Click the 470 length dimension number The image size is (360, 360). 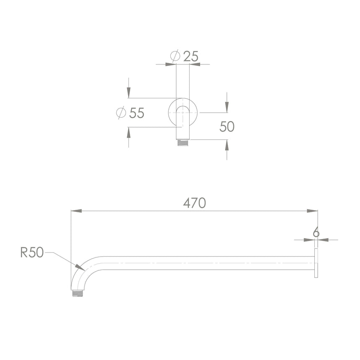pyautogui.click(x=195, y=203)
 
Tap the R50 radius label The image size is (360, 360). pyautogui.click(x=32, y=252)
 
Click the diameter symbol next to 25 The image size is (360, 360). pyautogui.click(x=176, y=56)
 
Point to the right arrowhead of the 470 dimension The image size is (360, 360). pyautogui.click(x=312, y=211)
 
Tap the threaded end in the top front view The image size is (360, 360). pyautogui.click(x=183, y=143)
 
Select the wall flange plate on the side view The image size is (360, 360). pyautogui.click(x=316, y=263)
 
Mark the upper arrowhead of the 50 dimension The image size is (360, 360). pyautogui.click(x=227, y=108)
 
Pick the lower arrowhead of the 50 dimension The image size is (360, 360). pyautogui.click(x=227, y=145)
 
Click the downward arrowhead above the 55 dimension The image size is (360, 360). pyautogui.click(x=129, y=93)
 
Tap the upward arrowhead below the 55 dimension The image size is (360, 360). pyautogui.click(x=129, y=132)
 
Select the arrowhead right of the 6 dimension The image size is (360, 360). pyautogui.click(x=323, y=240)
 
